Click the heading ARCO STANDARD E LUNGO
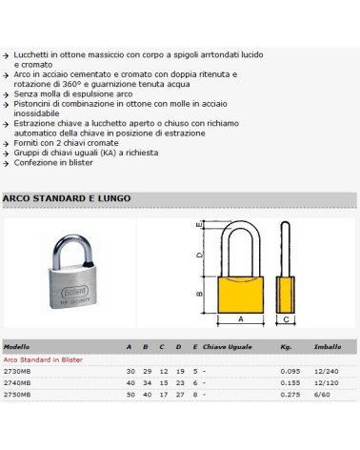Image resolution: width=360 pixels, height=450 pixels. (x=68, y=198)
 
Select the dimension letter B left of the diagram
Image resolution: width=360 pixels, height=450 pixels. (x=199, y=293)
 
